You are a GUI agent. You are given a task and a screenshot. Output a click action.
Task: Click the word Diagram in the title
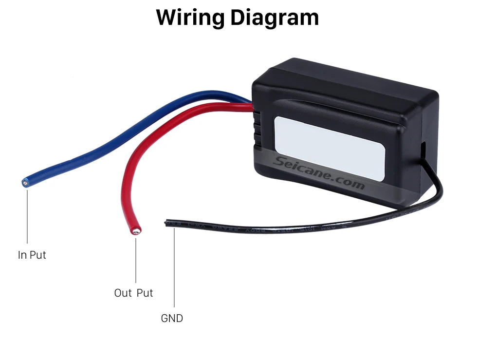[x=275, y=18]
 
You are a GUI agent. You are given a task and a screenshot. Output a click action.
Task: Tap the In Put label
[x=32, y=255]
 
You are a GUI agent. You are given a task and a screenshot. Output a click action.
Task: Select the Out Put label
[x=133, y=293]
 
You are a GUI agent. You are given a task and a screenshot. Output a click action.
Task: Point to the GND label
[x=172, y=318]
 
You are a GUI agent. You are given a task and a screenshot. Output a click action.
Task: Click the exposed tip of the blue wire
[x=25, y=183]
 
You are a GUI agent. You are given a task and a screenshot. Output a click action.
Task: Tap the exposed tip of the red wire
[x=136, y=231]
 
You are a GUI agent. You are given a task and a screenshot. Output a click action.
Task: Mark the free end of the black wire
[x=166, y=223]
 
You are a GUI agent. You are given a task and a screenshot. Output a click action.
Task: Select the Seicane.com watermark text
[x=318, y=172]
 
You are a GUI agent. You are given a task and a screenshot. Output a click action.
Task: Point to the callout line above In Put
[x=27, y=217]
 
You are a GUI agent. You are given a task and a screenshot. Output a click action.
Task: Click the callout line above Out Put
[x=136, y=261]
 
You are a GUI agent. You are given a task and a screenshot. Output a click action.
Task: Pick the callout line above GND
[x=174, y=267]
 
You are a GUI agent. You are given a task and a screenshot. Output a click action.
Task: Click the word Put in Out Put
[x=145, y=293]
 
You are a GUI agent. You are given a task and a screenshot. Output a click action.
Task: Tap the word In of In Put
[x=22, y=255]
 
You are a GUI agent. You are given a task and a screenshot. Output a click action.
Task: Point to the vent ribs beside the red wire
[x=257, y=129]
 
